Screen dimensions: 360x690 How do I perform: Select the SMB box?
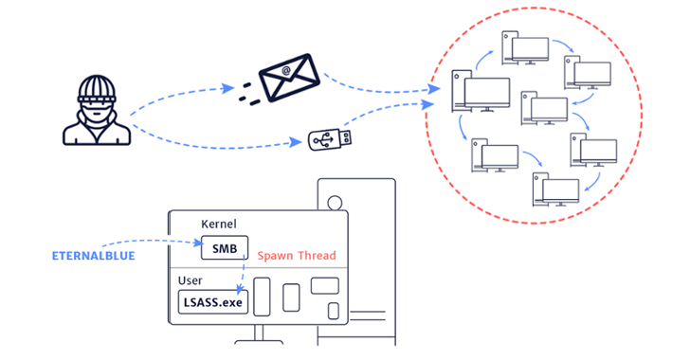225,248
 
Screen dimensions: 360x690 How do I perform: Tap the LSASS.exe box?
212,303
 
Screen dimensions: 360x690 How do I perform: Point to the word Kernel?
220,224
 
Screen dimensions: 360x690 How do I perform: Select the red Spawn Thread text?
297,256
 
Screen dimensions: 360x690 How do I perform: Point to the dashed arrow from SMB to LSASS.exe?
244,275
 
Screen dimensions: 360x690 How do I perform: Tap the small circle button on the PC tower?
333,201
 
